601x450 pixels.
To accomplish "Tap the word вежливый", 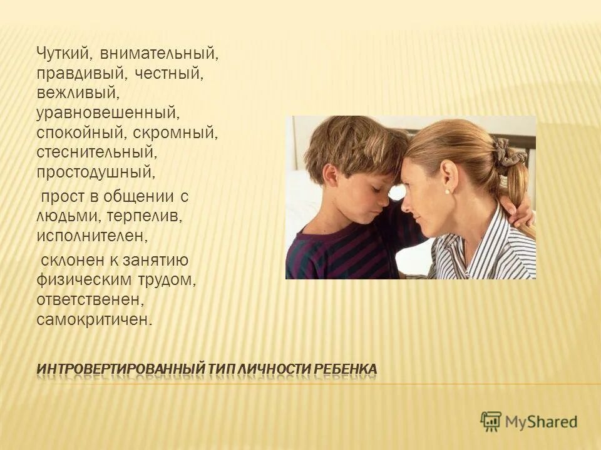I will tap(78, 94).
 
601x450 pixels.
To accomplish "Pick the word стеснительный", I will tap(95, 153).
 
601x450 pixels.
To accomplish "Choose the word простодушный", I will tap(95, 173).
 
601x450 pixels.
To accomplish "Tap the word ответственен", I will tap(90, 300).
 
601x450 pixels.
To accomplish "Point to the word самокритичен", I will tap(94, 320).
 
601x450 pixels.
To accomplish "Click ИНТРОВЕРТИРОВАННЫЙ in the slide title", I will tap(121, 369).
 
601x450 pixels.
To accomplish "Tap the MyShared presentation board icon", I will tap(491, 421).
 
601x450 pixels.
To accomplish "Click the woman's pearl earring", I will tap(448, 190).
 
